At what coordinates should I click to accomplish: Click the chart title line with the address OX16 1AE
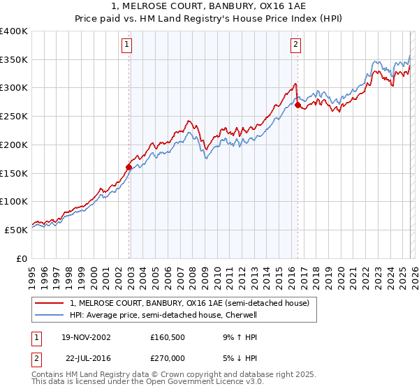(x=209, y=7)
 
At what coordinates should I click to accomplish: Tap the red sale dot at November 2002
(x=129, y=167)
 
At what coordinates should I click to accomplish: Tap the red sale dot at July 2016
(x=298, y=105)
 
